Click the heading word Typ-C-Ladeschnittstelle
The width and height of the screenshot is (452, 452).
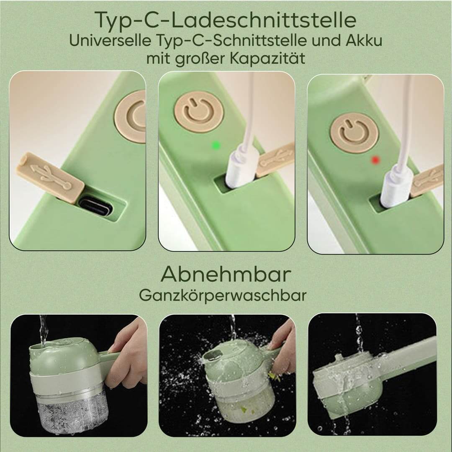[x=226, y=20]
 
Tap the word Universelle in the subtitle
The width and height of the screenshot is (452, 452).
[x=110, y=41]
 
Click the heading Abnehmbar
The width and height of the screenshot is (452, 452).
[x=226, y=275]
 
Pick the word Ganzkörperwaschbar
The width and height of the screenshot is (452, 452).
[x=223, y=295]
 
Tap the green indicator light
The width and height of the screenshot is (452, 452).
[x=216, y=145]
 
